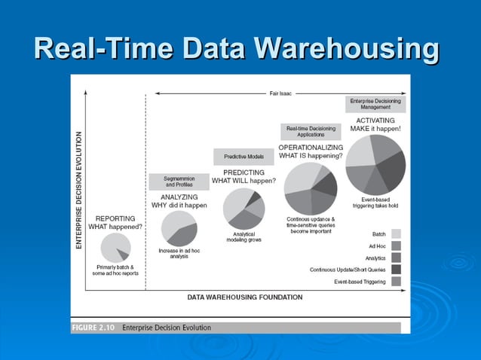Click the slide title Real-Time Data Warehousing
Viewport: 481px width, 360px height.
point(237,49)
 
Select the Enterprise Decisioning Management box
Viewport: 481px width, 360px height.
point(375,104)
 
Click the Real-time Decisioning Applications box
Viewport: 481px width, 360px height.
point(311,132)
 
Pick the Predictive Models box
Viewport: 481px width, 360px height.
point(244,157)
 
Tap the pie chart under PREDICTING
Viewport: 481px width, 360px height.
point(244,209)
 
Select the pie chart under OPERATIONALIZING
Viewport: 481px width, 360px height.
point(311,188)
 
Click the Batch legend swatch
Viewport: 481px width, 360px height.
point(395,233)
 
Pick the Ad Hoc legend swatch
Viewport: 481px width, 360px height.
point(395,246)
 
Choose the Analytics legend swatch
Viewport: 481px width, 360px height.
point(395,258)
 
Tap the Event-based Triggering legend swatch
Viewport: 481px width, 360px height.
point(395,282)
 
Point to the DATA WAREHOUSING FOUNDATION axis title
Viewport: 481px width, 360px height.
point(245,297)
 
